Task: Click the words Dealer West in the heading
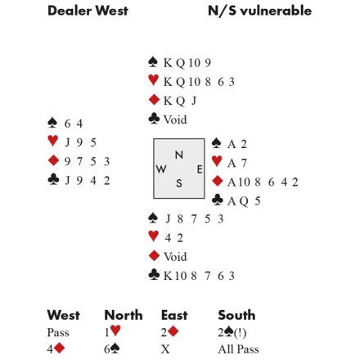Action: click(88, 11)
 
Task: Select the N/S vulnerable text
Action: click(259, 11)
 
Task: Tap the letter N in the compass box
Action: click(179, 155)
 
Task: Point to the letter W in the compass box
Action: click(161, 169)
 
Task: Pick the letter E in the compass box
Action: click(200, 169)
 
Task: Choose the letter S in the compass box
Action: click(179, 183)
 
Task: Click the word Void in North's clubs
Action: click(175, 119)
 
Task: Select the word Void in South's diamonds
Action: click(175, 257)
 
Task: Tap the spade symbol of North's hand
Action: click(153, 62)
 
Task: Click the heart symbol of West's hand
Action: click(53, 141)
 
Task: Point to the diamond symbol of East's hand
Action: click(218, 181)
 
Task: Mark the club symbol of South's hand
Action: click(154, 275)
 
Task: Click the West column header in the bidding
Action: click(64, 315)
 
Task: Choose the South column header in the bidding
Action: click(236, 315)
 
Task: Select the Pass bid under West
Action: click(58, 332)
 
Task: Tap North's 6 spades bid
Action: click(112, 349)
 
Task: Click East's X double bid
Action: click(165, 349)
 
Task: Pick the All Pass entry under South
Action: click(238, 349)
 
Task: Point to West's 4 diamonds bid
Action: click(56, 349)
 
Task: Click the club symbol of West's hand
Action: click(53, 179)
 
